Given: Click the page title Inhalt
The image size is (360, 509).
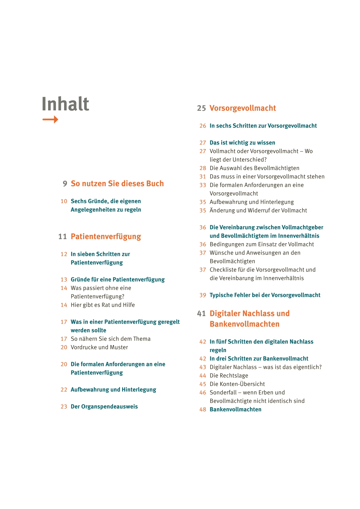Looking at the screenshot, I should [x=65, y=104].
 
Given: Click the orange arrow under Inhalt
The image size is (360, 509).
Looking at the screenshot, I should [x=50, y=119].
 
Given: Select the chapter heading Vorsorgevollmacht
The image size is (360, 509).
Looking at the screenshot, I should [x=243, y=108].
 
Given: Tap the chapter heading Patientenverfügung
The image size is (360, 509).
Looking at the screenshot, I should [x=106, y=237].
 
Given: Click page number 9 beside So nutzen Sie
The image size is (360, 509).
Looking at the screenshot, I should [x=65, y=184].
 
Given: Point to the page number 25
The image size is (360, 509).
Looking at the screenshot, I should [x=201, y=108].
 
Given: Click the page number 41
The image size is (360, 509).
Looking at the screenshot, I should [x=201, y=314].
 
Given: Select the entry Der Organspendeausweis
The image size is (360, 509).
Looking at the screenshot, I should [x=104, y=406].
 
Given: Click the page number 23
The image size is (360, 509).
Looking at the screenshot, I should [x=64, y=407].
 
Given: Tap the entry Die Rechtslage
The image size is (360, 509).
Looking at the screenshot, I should [x=229, y=376].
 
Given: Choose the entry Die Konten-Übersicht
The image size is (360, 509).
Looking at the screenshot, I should [x=237, y=384].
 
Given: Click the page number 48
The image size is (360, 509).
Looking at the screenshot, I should [x=203, y=409].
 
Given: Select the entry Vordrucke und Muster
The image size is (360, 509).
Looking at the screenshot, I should [x=99, y=347].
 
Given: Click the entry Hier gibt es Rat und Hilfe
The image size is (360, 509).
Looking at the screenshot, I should [x=103, y=305].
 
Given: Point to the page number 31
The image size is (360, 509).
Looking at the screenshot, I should [x=203, y=177].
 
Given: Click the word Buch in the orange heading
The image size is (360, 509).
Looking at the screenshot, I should [x=155, y=184].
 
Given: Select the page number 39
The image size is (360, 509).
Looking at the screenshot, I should [x=203, y=295].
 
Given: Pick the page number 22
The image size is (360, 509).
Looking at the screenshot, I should [x=64, y=390].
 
